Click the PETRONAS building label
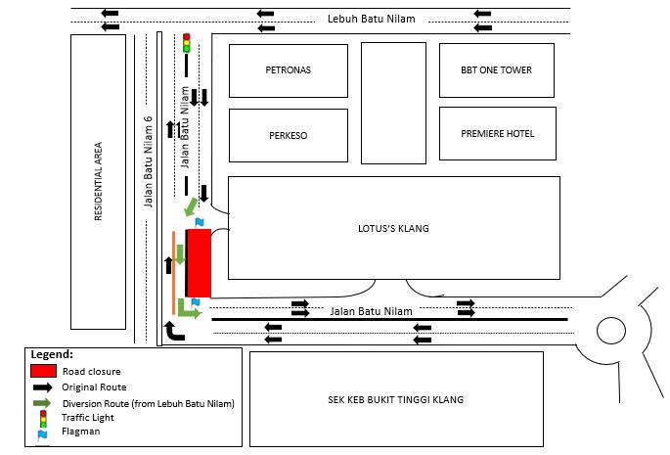tap(289, 70)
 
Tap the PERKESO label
tap(289, 135)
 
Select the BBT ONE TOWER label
tap(496, 70)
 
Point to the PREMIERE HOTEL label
tap(498, 134)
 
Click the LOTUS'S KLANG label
tap(394, 228)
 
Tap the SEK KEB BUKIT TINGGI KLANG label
tap(396, 399)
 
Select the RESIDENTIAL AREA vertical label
tap(98, 182)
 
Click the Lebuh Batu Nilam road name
tap(373, 19)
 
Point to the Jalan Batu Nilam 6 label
tap(150, 162)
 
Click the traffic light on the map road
tap(186, 43)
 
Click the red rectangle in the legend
tap(42, 371)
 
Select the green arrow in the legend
tap(42, 402)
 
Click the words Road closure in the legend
tap(91, 372)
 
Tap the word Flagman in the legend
tap(81, 430)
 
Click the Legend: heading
tap(52, 354)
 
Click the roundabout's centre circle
tap(613, 332)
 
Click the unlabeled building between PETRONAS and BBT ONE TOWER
tap(393, 102)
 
